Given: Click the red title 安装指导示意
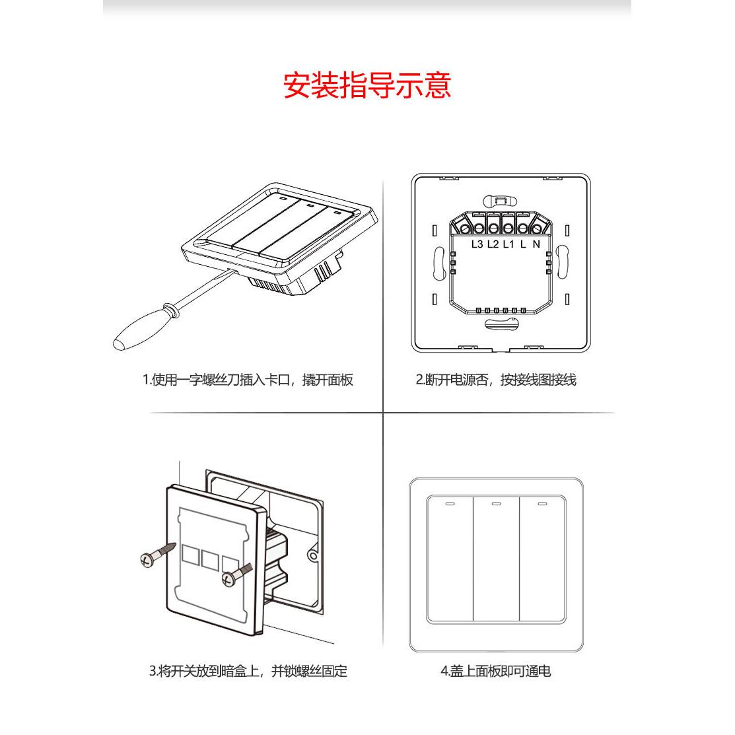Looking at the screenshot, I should pos(367,87).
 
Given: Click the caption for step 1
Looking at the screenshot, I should pos(248,380).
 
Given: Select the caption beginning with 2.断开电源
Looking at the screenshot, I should pos(495,380).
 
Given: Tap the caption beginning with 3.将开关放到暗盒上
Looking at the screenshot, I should pos(248,672).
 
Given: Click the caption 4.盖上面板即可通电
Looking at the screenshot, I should pos(495,672).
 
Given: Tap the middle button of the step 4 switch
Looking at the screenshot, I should pos(497,558).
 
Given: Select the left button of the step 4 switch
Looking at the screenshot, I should pos(450,558).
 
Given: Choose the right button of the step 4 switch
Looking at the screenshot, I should pos(542,558).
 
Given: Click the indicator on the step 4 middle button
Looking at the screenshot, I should pos(497,505).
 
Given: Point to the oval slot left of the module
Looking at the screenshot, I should pos(438,262).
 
